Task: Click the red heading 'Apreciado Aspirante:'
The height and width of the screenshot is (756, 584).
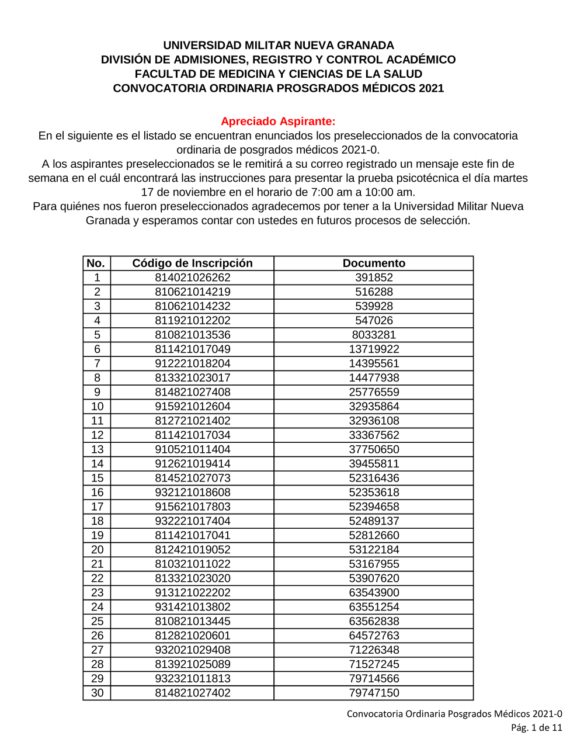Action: tap(278, 122)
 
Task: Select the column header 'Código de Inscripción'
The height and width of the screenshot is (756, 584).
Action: tap(192, 263)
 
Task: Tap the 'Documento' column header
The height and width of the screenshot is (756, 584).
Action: tap(374, 263)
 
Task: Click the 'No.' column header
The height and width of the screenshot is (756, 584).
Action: tap(96, 263)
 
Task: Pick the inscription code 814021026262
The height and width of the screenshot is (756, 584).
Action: tap(192, 278)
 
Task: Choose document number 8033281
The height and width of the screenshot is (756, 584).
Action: tap(374, 335)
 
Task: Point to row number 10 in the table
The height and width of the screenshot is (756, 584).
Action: tap(97, 407)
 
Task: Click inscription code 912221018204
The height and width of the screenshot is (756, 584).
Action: tap(192, 363)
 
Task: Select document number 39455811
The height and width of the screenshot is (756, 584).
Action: tap(374, 464)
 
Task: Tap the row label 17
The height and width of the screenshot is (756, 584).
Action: tap(97, 507)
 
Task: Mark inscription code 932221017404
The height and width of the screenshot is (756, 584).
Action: tap(192, 521)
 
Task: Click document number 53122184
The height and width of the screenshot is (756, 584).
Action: tap(374, 550)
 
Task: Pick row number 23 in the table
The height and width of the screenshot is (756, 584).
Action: tap(97, 592)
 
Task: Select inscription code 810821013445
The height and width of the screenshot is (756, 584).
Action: tap(192, 621)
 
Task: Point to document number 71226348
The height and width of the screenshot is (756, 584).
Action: tap(374, 650)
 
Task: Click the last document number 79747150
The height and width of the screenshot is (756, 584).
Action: tap(374, 693)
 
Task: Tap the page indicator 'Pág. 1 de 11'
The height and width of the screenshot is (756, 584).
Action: tap(536, 728)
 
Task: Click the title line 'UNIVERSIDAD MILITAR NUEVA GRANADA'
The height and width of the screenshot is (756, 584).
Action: tap(278, 46)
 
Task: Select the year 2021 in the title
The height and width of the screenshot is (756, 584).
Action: tap(431, 88)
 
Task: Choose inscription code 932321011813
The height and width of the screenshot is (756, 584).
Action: tap(192, 678)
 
